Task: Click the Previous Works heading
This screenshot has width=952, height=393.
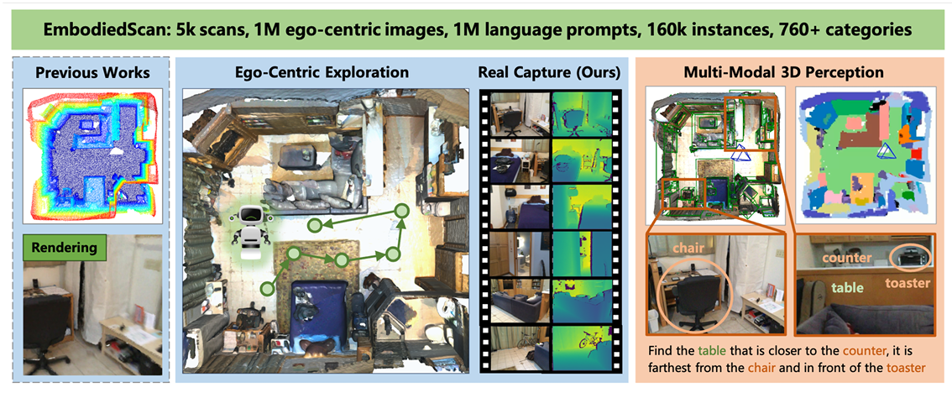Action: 92,72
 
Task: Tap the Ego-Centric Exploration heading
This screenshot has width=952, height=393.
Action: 322,72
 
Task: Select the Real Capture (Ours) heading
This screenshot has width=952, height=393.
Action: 549,72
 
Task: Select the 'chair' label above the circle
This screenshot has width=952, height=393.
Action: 684,249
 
